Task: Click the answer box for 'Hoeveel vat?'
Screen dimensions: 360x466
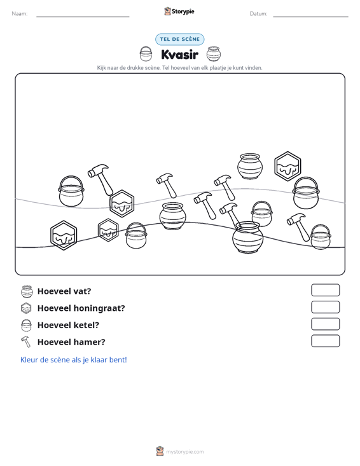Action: (x=325, y=290)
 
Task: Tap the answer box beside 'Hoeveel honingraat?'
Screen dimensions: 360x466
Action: (x=325, y=307)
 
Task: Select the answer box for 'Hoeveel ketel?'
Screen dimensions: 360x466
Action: (x=325, y=324)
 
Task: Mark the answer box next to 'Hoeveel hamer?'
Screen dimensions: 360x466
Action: (x=325, y=341)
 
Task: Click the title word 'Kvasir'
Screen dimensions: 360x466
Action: (x=179, y=55)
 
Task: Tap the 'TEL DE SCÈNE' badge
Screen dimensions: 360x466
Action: (x=179, y=39)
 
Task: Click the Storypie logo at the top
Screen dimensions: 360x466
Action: (x=179, y=11)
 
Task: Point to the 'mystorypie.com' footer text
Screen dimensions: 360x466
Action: (x=184, y=452)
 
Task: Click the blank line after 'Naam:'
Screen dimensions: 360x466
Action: (x=83, y=17)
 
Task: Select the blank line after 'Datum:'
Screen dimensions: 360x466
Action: (x=310, y=17)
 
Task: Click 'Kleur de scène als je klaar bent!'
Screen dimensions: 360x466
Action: (x=73, y=360)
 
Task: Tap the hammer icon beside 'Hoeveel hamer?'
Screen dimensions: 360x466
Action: (x=26, y=342)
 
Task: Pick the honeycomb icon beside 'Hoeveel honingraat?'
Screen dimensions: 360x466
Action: (x=26, y=308)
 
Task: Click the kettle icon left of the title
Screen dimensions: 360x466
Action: (x=146, y=54)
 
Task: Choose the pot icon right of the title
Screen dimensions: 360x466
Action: (x=214, y=54)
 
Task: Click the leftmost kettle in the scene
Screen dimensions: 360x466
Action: (x=71, y=191)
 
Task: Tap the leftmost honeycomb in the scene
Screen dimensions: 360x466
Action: (x=64, y=235)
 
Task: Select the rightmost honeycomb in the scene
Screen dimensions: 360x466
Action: (x=287, y=167)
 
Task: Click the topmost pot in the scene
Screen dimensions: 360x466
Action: (x=250, y=167)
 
